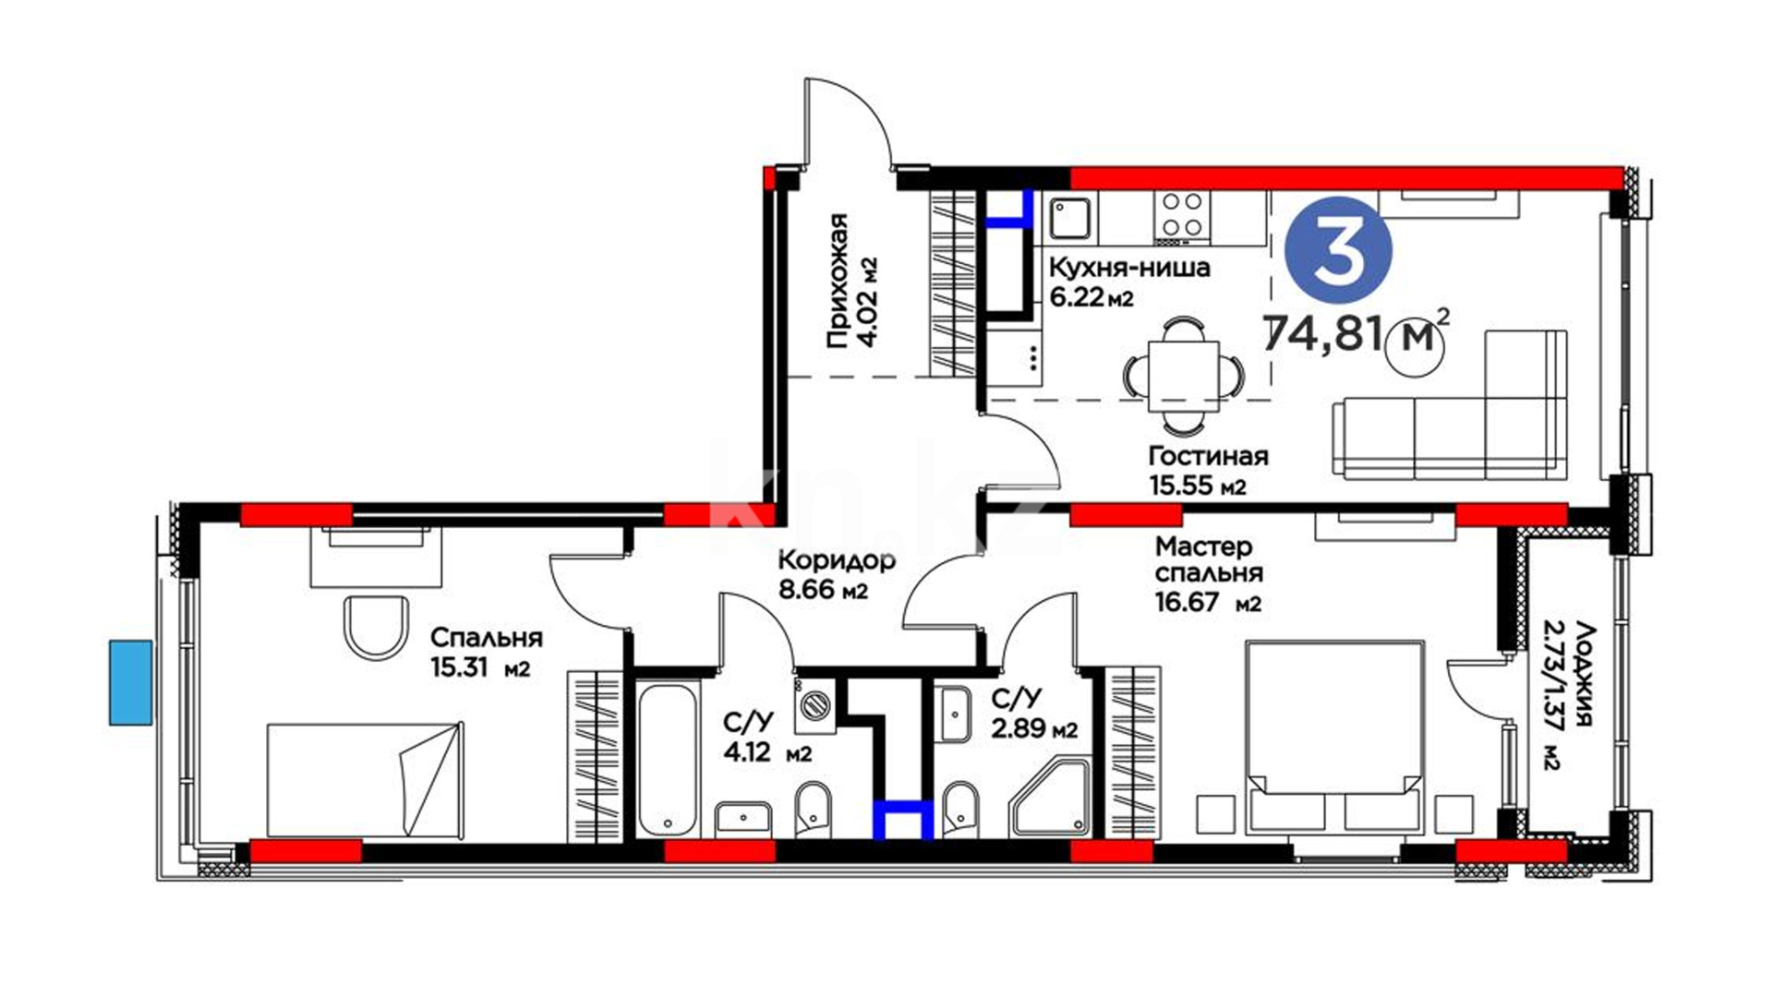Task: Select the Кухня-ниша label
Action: (x=1129, y=268)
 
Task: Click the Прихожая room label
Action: (x=838, y=282)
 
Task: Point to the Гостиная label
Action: (x=1208, y=456)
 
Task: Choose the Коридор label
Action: (x=837, y=560)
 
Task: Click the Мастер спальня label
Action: (x=1209, y=559)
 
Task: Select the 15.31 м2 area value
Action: (x=480, y=667)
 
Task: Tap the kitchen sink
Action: (x=1071, y=219)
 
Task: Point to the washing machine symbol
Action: (x=815, y=705)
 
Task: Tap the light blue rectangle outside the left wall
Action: (x=131, y=682)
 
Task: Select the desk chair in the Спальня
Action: (x=376, y=626)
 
